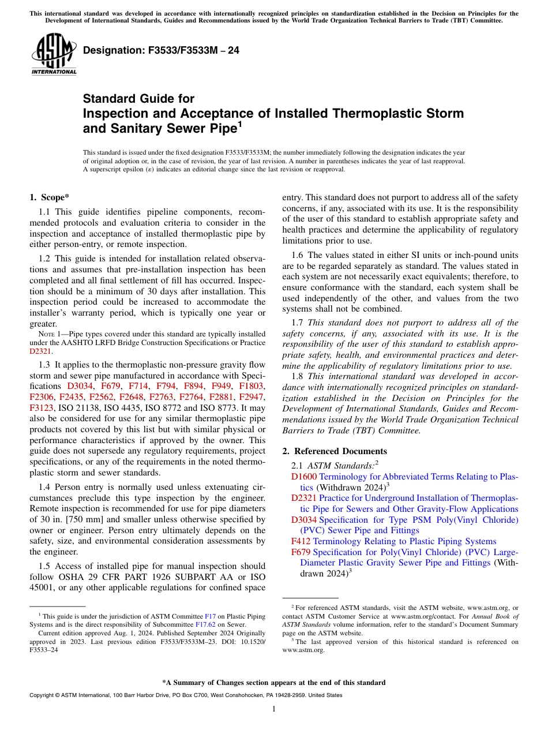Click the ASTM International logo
(x=54, y=54)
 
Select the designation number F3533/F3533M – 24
(x=161, y=51)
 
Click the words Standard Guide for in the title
(x=138, y=99)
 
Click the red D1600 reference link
(x=303, y=477)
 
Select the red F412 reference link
(x=301, y=541)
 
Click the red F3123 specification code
(x=41, y=408)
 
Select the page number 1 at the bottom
(x=274, y=709)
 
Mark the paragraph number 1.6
(x=298, y=255)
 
